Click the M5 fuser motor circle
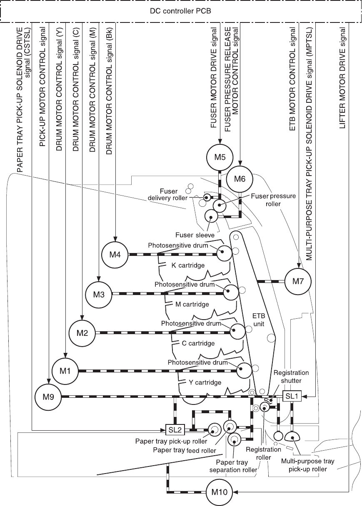220,158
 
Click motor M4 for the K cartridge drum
115,254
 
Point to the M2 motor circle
82,333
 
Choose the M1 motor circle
65,370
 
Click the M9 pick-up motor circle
48,397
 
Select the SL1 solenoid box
292,396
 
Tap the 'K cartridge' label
188,265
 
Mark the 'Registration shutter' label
291,376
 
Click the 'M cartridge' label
192,304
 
